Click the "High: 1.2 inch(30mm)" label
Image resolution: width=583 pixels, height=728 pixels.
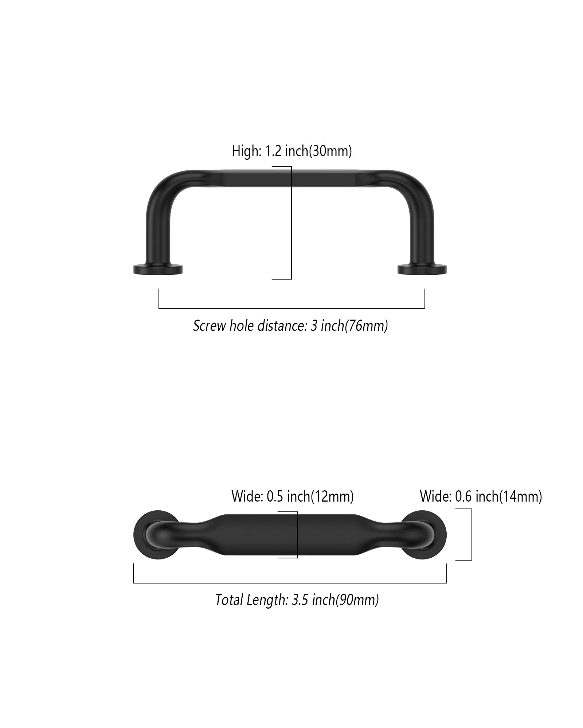pos(292,151)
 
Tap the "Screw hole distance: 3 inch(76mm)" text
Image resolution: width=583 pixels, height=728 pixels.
pos(290,326)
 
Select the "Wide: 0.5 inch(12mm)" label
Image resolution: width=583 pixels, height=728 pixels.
pos(293,496)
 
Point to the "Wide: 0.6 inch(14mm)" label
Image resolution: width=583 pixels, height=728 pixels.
pos(481,496)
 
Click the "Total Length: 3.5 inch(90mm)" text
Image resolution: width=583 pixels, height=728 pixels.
pos(297,600)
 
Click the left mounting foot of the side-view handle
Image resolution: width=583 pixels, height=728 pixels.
pos(158,269)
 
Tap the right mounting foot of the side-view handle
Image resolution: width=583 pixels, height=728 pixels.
pos(422,269)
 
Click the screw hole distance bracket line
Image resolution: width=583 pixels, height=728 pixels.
pos(291,308)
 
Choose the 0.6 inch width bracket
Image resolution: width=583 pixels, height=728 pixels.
pos(472,534)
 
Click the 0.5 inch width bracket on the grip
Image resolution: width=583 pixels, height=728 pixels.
pos(297,534)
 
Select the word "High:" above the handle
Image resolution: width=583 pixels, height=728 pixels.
pos(247,151)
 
